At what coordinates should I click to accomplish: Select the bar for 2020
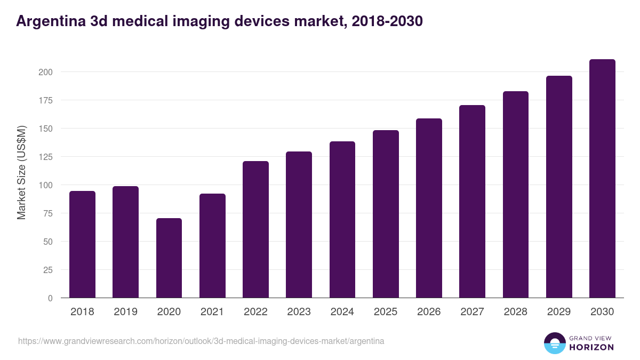(x=169, y=258)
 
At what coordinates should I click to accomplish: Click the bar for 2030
(x=602, y=179)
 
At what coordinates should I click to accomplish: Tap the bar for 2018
(x=82, y=244)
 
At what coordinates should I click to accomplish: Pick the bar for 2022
(x=255, y=229)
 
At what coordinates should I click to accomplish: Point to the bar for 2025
(x=386, y=214)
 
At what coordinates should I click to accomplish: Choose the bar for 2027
(x=472, y=202)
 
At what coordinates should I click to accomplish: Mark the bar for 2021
(x=212, y=246)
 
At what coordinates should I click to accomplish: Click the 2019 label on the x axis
(x=125, y=312)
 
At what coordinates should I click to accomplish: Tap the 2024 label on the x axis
(x=342, y=312)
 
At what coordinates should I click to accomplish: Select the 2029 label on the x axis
(x=558, y=312)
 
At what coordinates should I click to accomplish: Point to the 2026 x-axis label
(x=429, y=312)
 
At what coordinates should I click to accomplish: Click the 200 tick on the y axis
(x=45, y=72)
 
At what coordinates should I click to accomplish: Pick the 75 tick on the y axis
(x=47, y=213)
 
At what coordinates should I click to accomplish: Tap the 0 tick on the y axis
(x=50, y=298)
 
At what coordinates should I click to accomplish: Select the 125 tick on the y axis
(x=45, y=157)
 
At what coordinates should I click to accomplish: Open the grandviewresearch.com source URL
(x=201, y=341)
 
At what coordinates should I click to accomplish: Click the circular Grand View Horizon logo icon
(x=554, y=343)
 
